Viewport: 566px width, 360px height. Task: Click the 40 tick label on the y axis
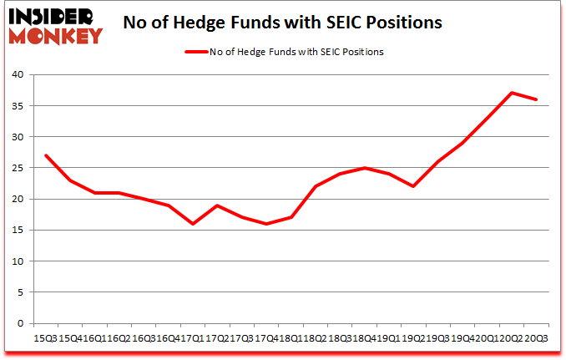click(17, 75)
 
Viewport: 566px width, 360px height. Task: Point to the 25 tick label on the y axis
click(17, 168)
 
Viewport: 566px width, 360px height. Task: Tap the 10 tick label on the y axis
click(17, 261)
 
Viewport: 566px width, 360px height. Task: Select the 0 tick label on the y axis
click(20, 323)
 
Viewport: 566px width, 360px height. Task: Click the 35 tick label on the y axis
click(17, 106)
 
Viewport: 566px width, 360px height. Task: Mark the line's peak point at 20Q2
click(511, 93)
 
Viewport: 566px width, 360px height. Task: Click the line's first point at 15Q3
click(45, 155)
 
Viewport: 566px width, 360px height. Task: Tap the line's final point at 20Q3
click(536, 99)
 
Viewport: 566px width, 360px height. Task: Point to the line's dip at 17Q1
click(192, 224)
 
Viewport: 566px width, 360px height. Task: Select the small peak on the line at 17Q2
click(217, 205)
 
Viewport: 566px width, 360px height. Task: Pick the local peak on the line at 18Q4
click(364, 168)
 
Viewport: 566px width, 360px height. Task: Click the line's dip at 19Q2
click(413, 186)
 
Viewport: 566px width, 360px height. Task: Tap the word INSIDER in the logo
click(52, 15)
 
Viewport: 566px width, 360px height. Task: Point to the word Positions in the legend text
click(365, 52)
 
